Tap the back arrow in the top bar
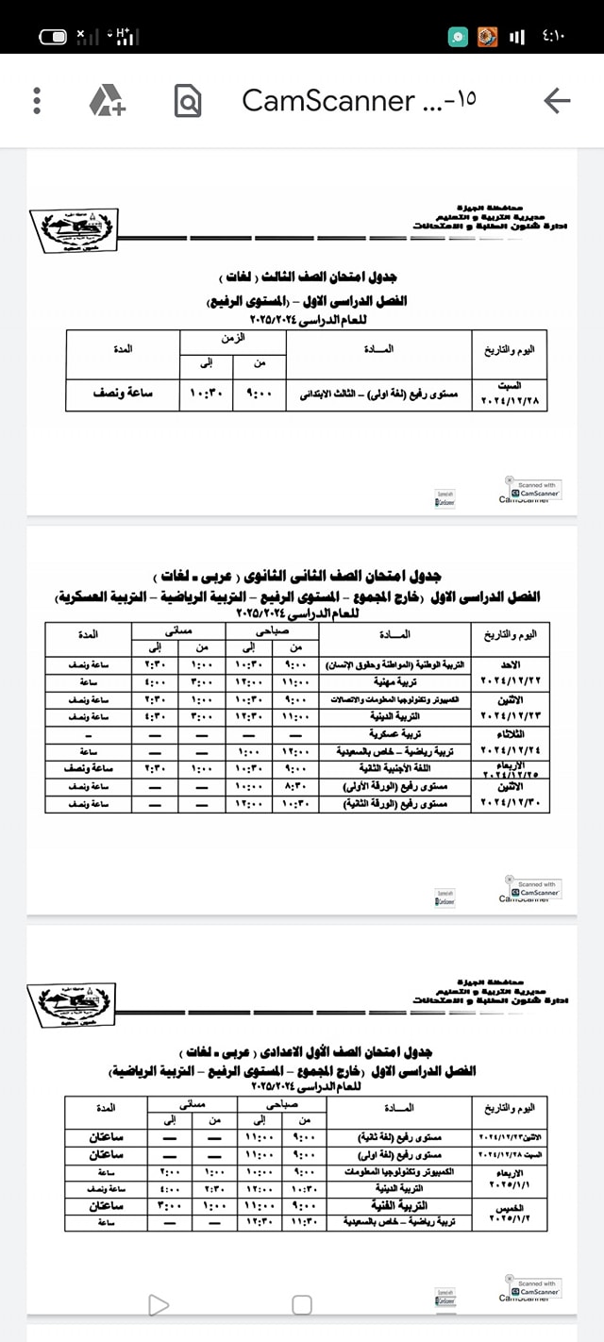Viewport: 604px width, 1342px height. (x=558, y=100)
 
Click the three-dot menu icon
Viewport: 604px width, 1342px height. (x=37, y=100)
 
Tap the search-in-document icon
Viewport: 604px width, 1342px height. (x=188, y=100)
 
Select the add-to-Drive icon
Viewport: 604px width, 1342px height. (x=108, y=100)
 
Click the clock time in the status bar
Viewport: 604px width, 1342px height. (x=553, y=37)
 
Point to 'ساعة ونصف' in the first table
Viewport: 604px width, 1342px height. (x=124, y=394)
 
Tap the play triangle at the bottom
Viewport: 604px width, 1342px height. (x=159, y=1305)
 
